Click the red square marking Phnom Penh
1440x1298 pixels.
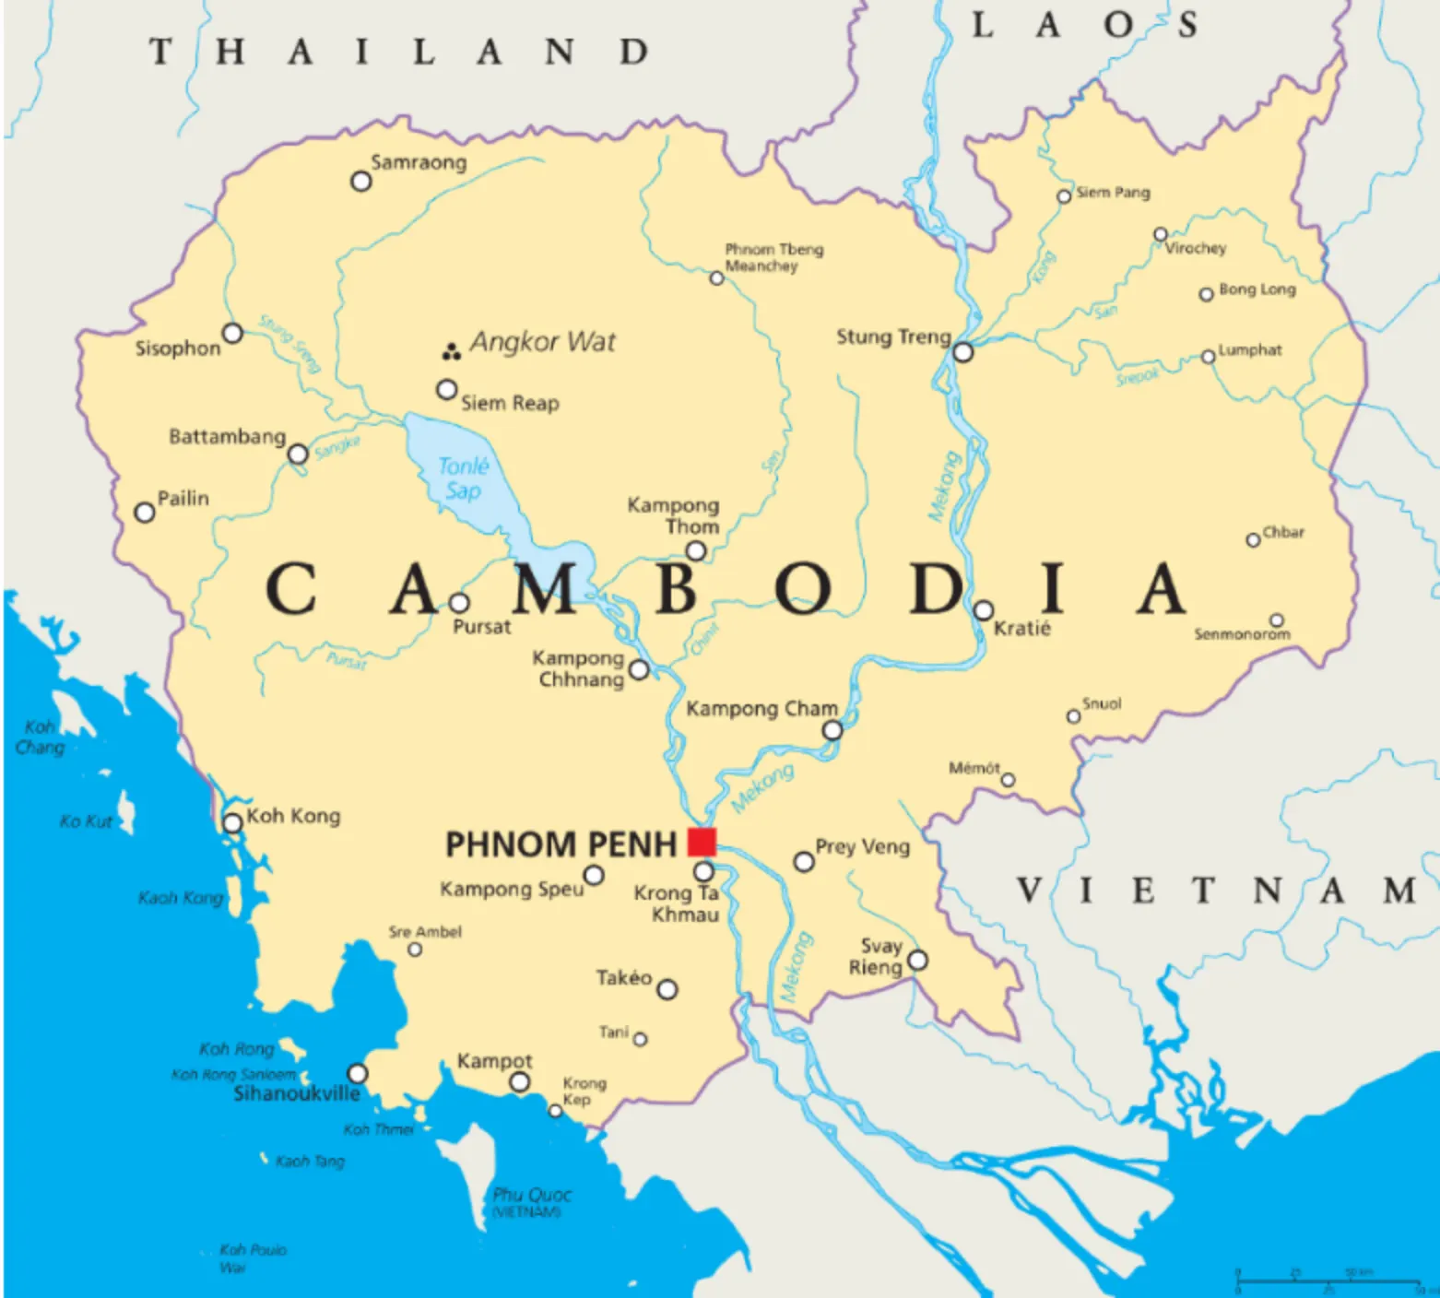(x=702, y=843)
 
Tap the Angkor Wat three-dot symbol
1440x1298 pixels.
(x=451, y=351)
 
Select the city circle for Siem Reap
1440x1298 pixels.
(x=447, y=390)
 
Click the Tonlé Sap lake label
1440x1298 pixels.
(x=463, y=478)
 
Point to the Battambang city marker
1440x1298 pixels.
(x=298, y=454)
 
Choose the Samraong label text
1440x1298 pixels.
(x=419, y=162)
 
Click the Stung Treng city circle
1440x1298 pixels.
(x=963, y=352)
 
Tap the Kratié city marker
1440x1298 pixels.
(x=984, y=610)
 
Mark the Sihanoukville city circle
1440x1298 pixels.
(x=358, y=1074)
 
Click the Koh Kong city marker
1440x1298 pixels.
(x=233, y=821)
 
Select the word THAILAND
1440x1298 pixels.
(x=399, y=52)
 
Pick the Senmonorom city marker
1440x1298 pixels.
(x=1277, y=620)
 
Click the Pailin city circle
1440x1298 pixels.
(x=145, y=513)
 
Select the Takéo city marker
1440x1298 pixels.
(x=667, y=990)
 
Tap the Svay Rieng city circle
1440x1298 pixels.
(x=918, y=961)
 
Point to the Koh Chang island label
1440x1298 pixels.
(x=40, y=737)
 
